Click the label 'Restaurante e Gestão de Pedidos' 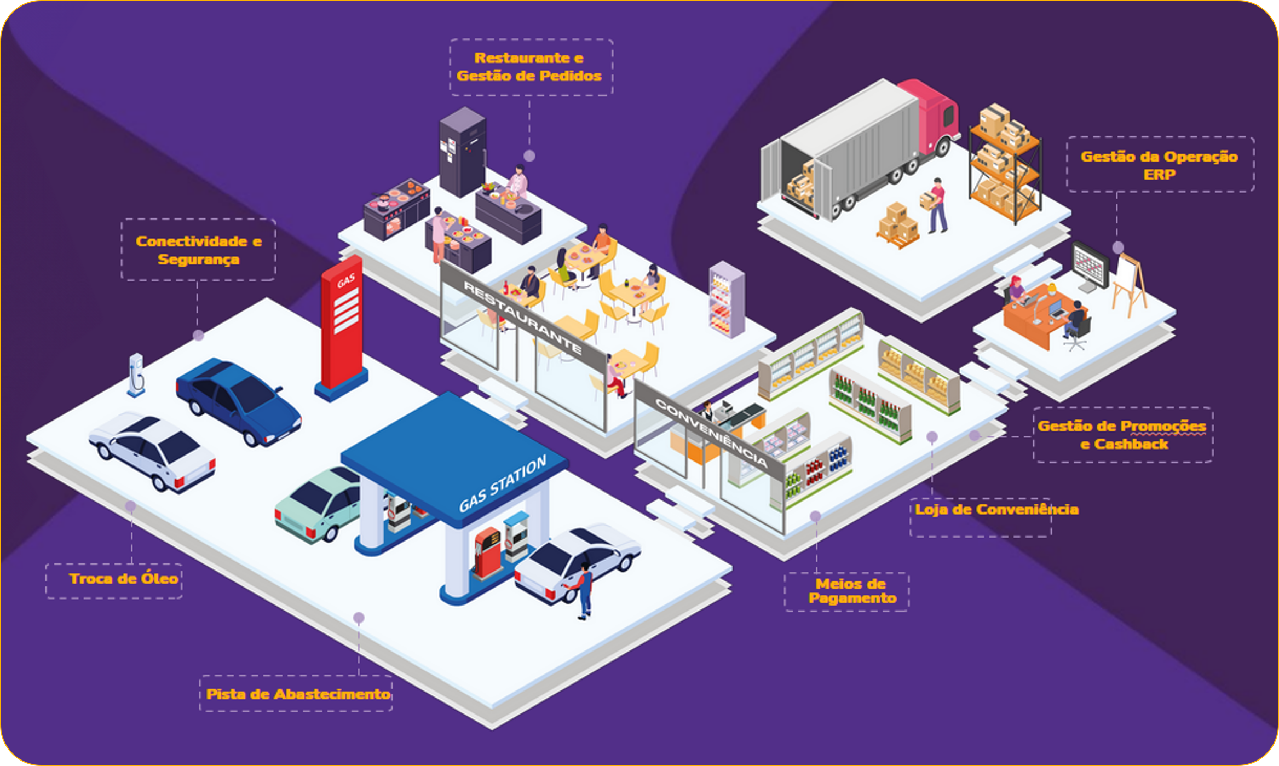tap(529, 67)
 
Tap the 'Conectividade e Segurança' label tap(198, 250)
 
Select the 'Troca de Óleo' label tap(123, 579)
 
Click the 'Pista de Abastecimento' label tap(298, 694)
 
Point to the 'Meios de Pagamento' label tap(851, 591)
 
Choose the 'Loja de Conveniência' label tap(996, 510)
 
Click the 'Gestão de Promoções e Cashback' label tap(1122, 435)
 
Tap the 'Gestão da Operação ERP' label tap(1159, 165)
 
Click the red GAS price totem tap(343, 326)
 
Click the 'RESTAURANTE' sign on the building tap(522, 316)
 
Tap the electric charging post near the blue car tap(136, 374)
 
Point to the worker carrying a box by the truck tap(937, 205)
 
